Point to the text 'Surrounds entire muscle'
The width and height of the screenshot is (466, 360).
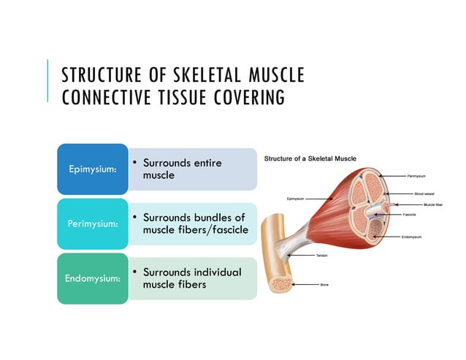[182, 169]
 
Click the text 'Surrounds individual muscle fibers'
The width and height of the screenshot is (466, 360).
[191, 277]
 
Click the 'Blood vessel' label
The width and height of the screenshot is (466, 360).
[424, 194]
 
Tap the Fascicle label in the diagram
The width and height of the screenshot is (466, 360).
[410, 215]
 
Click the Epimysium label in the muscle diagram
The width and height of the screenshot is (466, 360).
[296, 197]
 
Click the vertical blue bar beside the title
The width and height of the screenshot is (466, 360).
[48, 81]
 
